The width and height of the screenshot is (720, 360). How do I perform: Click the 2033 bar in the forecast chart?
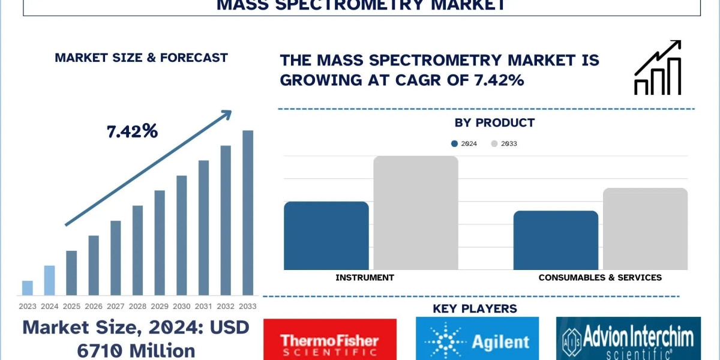pyautogui.click(x=248, y=213)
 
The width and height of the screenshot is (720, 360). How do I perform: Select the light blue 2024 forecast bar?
pyautogui.click(x=49, y=280)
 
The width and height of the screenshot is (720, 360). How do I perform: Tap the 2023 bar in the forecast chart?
pyautogui.click(x=28, y=288)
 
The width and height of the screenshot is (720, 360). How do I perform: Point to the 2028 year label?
pyautogui.click(x=137, y=306)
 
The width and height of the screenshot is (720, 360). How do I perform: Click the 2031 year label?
pyautogui.click(x=203, y=306)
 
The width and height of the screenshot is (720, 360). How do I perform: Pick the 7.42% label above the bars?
pyautogui.click(x=132, y=131)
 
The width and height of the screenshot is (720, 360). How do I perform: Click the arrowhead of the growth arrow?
pyautogui.click(x=227, y=113)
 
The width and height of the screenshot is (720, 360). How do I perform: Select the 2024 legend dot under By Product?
pyautogui.click(x=455, y=143)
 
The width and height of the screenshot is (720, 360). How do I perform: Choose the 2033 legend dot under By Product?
pyautogui.click(x=495, y=143)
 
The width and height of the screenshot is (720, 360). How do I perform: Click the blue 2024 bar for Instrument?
pyautogui.click(x=326, y=236)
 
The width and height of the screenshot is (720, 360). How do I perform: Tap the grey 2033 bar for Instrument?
pyautogui.click(x=416, y=213)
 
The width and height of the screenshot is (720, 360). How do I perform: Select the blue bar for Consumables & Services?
pyautogui.click(x=556, y=240)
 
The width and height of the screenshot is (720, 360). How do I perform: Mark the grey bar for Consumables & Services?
pyautogui.click(x=645, y=229)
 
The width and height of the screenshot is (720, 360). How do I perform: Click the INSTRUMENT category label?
pyautogui.click(x=365, y=277)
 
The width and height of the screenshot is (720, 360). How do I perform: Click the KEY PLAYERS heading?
pyautogui.click(x=475, y=309)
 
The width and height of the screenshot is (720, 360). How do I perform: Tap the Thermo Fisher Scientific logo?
pyautogui.click(x=330, y=340)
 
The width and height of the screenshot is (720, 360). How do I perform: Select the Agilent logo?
pyautogui.click(x=477, y=340)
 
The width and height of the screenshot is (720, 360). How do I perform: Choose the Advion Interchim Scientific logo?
pyautogui.click(x=628, y=340)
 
